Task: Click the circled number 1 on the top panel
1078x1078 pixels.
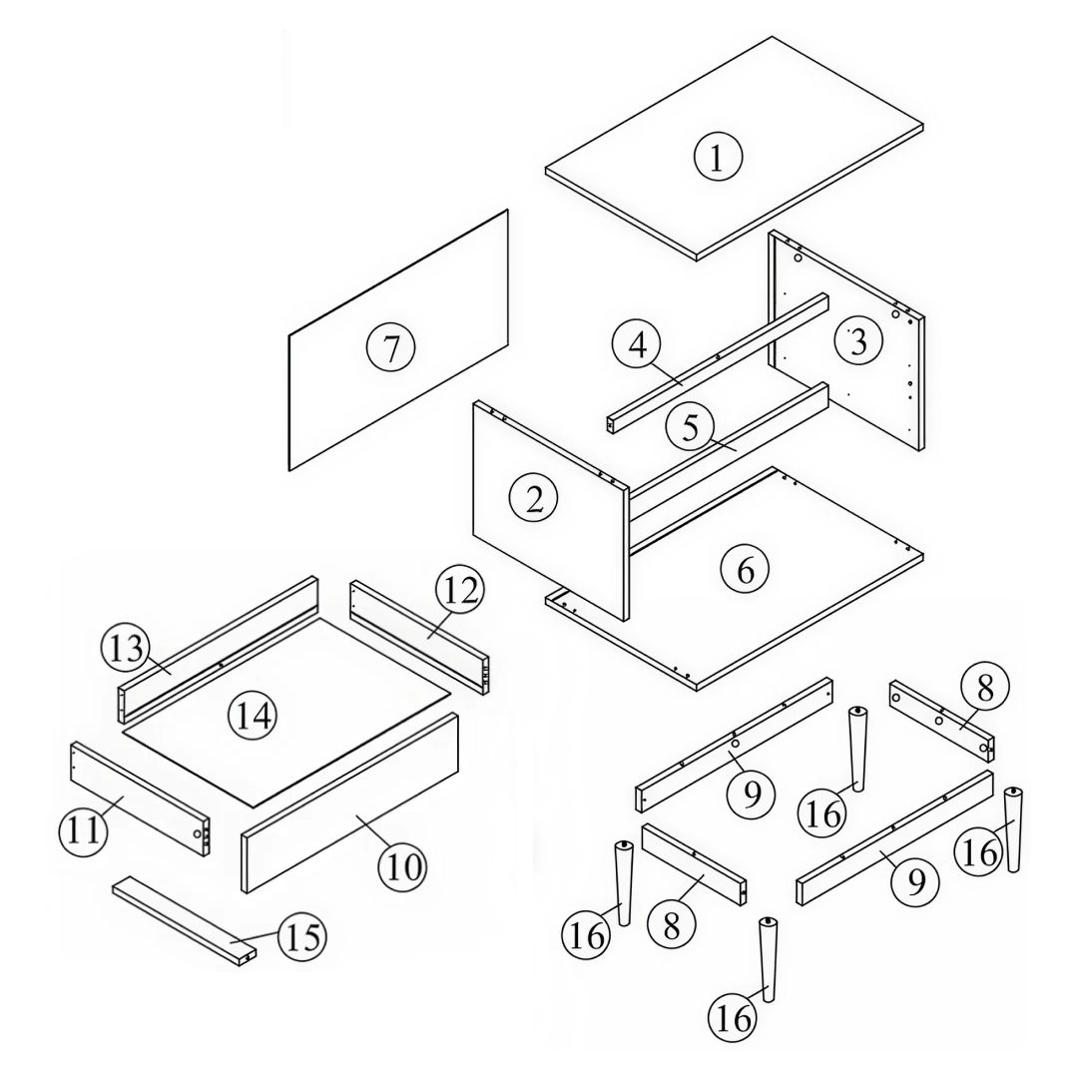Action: point(718,157)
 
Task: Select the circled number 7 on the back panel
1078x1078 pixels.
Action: point(390,347)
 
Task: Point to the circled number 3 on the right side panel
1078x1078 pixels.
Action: point(858,341)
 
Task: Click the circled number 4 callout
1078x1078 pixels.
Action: point(638,344)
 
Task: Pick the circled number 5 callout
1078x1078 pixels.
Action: point(691,427)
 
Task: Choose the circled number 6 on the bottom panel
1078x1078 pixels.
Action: point(746,569)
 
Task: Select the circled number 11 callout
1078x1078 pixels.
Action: point(84,831)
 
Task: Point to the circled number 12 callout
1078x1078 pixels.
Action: point(459,589)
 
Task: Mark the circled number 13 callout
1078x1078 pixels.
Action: point(126,649)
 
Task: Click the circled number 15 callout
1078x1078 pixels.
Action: point(302,936)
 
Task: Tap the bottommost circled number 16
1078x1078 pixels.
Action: point(733,1017)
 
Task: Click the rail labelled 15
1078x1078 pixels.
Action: point(185,922)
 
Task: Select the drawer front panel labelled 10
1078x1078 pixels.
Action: point(350,803)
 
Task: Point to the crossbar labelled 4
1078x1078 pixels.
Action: point(718,363)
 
